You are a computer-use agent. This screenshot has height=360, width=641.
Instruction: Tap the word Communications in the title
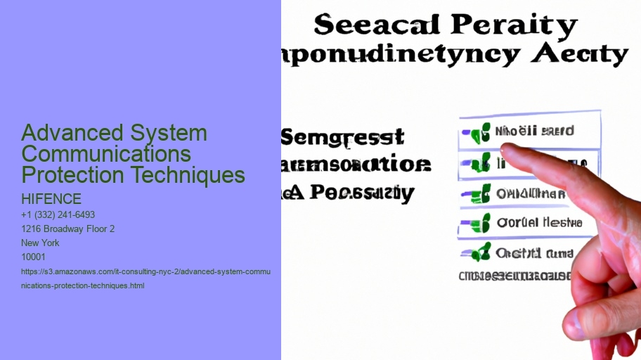click(x=106, y=153)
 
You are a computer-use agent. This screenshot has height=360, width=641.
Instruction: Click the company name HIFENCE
click(x=51, y=199)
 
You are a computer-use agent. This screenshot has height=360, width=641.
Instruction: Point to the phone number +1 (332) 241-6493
click(x=58, y=214)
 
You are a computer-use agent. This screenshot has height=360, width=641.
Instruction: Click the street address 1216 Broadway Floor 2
click(x=68, y=229)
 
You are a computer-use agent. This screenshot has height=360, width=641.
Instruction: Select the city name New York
click(x=41, y=243)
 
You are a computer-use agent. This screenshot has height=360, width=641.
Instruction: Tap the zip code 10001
click(x=33, y=257)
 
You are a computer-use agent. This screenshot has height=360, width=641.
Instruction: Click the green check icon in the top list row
click(x=480, y=131)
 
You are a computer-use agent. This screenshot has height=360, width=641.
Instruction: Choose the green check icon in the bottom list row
click(x=480, y=253)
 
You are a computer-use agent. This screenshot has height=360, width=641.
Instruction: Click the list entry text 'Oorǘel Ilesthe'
click(x=539, y=223)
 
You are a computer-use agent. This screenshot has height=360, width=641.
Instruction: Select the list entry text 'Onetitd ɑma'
click(x=534, y=253)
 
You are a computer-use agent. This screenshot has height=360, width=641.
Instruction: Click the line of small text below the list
click(x=514, y=276)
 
